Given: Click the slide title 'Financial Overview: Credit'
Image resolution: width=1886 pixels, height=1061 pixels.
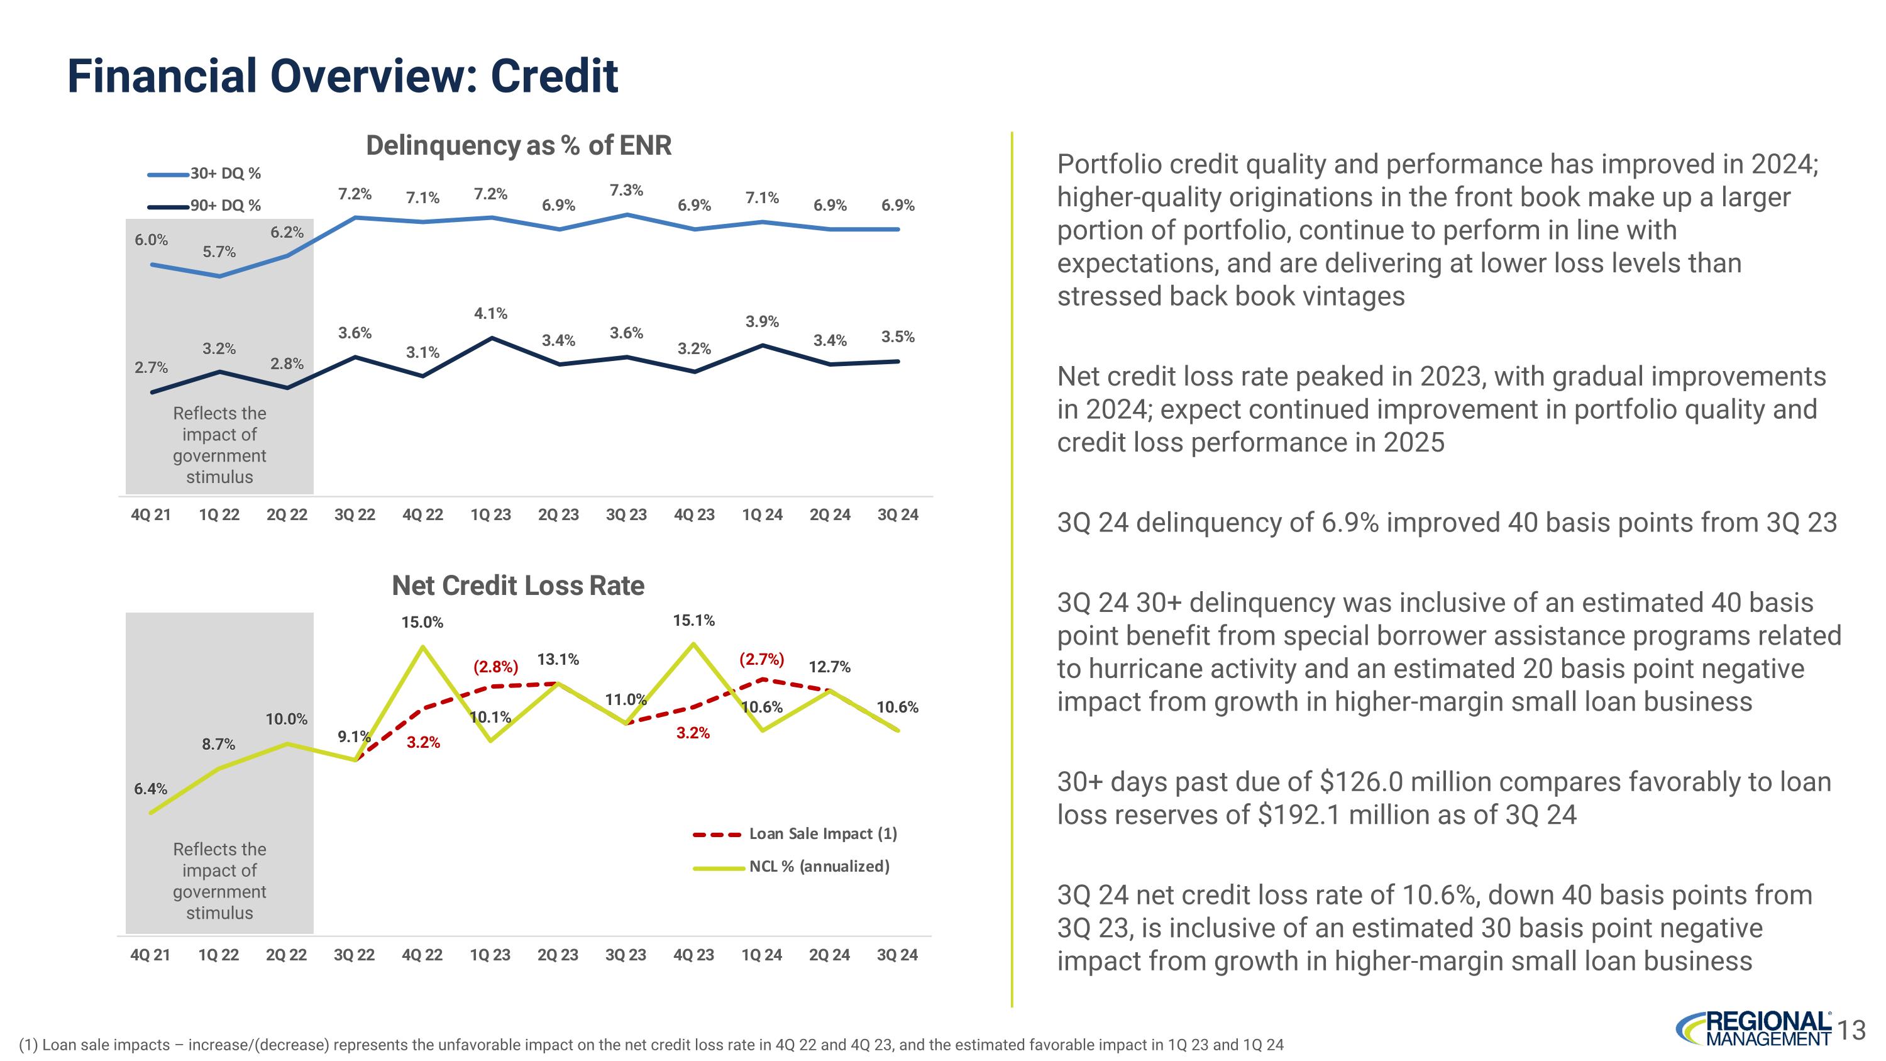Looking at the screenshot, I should (x=343, y=76).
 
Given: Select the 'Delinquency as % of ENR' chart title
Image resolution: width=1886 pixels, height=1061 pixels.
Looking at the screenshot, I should (x=519, y=145).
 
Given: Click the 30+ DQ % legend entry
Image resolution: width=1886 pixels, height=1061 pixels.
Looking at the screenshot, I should (x=205, y=174).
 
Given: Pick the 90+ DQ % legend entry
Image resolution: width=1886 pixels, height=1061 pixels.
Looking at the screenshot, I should (x=205, y=206).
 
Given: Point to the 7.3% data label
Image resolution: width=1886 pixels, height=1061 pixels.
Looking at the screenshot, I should (x=626, y=191).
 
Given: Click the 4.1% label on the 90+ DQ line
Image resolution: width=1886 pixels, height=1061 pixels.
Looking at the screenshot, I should (x=490, y=313).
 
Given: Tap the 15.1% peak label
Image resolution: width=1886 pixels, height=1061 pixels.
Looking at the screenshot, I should (x=693, y=621).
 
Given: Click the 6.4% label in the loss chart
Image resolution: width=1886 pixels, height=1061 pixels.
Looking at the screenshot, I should (x=150, y=789).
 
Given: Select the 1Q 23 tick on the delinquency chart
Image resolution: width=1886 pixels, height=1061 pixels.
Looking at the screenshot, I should (x=490, y=514).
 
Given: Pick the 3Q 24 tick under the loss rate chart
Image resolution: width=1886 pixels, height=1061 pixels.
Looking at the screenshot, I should (x=897, y=955).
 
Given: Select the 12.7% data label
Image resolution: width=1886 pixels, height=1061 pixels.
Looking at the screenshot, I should (x=829, y=667).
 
